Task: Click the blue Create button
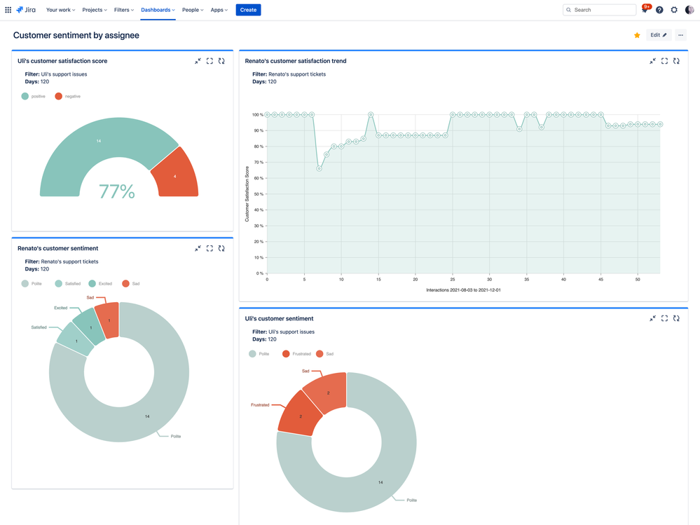(x=248, y=10)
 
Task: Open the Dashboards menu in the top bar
(x=158, y=10)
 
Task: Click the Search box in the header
(x=600, y=10)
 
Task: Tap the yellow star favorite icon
(x=637, y=35)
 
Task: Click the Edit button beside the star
(x=659, y=35)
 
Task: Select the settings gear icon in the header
(x=674, y=10)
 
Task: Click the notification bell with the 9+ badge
(x=645, y=10)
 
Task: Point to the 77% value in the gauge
(x=117, y=191)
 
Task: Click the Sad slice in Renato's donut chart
(x=109, y=319)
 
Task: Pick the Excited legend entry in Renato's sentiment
(x=100, y=284)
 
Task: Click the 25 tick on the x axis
(x=453, y=279)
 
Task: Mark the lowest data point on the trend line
(x=320, y=168)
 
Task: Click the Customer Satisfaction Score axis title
(x=247, y=194)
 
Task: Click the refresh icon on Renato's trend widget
(x=676, y=61)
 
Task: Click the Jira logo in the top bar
(x=26, y=10)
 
